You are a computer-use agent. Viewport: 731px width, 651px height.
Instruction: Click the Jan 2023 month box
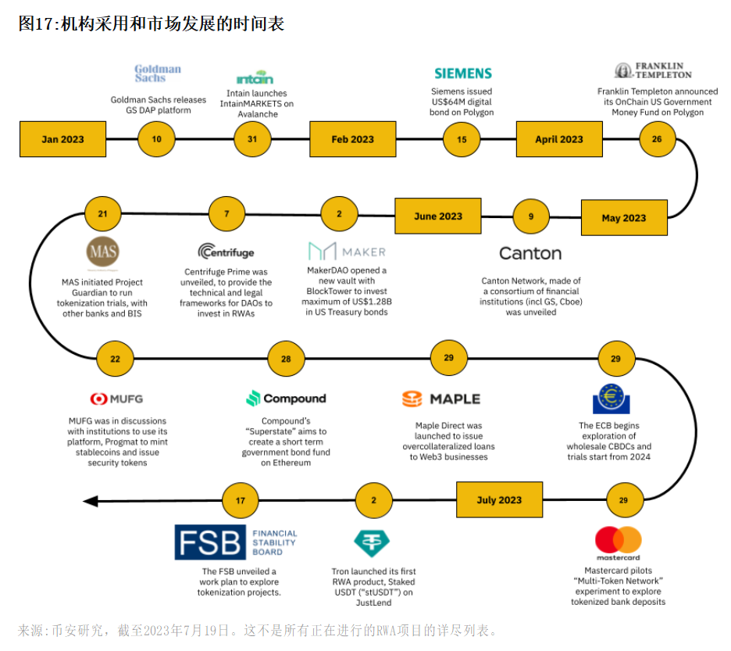(62, 139)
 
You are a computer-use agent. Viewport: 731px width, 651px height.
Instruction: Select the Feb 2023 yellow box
(352, 139)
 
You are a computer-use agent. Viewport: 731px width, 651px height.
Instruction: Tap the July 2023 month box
(499, 500)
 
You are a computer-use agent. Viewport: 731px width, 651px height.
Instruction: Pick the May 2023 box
(624, 217)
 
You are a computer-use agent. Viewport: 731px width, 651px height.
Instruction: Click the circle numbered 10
(157, 139)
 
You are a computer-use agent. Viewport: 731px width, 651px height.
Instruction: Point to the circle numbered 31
(251, 139)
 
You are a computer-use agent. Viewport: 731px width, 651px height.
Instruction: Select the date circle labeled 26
(657, 139)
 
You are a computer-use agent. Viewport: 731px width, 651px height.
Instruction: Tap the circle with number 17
(241, 500)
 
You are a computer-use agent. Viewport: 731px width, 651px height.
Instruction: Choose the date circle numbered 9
(531, 216)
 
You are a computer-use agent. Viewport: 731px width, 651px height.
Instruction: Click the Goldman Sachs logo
(157, 73)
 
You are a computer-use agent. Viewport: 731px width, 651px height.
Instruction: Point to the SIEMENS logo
(463, 73)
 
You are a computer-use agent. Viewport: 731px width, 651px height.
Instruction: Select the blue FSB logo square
(209, 542)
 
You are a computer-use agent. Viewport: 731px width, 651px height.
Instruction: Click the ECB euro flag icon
(616, 399)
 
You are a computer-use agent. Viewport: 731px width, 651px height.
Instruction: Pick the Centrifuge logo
(226, 252)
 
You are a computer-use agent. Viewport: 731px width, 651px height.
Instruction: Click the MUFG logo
(116, 399)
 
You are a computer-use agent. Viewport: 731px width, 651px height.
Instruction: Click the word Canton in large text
(530, 253)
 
